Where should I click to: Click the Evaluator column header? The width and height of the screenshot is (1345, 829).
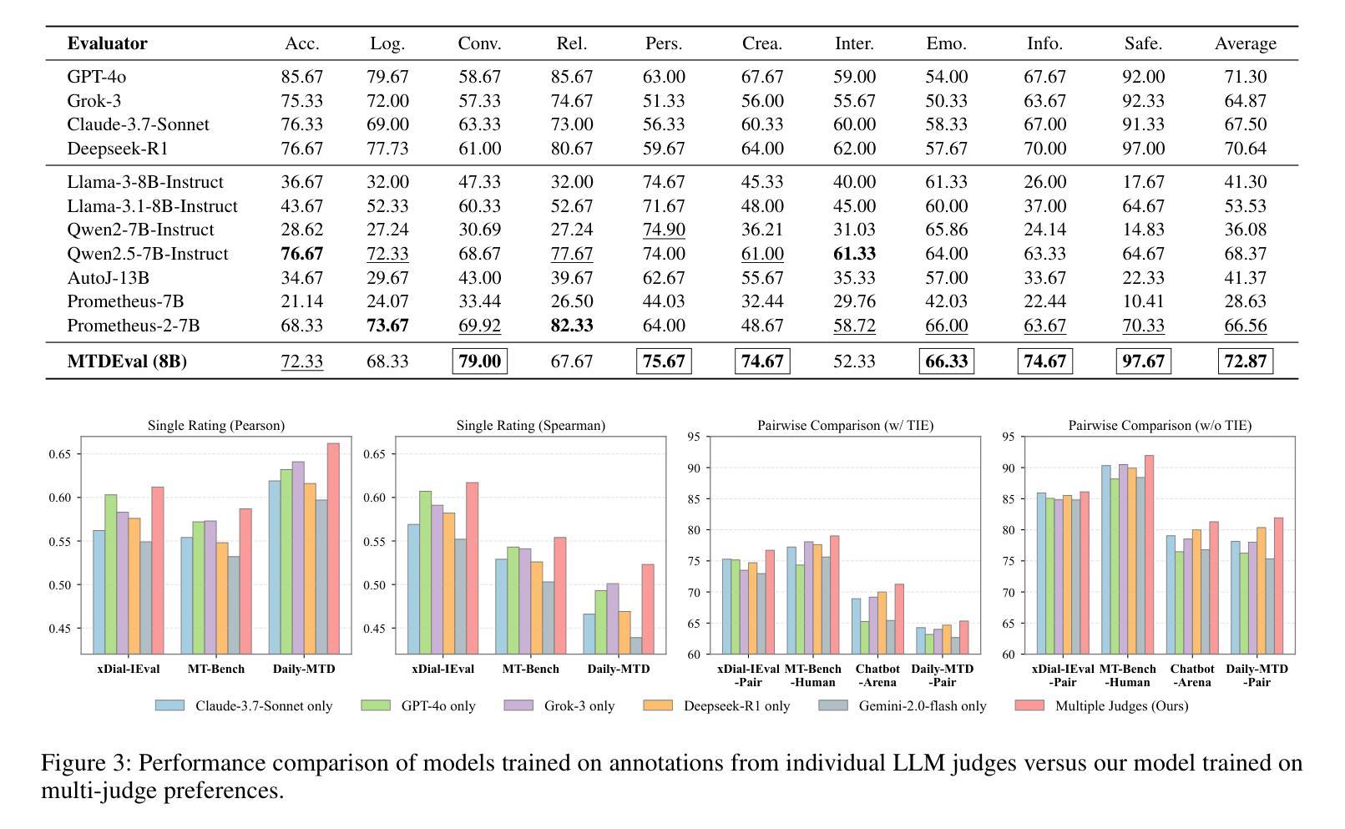click(x=107, y=43)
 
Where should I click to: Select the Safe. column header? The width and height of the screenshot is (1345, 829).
click(x=1143, y=43)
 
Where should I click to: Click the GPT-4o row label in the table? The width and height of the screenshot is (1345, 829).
click(x=96, y=77)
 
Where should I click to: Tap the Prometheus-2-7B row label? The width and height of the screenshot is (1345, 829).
click(x=133, y=326)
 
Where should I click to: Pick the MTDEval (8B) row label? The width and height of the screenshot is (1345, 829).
click(x=127, y=361)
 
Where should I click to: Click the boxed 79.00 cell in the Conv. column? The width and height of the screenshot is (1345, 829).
click(x=479, y=361)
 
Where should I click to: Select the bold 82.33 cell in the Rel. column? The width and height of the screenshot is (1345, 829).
click(x=571, y=326)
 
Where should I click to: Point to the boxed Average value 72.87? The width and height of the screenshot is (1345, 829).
click(x=1245, y=361)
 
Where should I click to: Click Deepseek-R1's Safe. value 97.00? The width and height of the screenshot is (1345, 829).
click(x=1143, y=149)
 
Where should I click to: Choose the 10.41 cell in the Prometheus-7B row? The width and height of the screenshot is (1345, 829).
click(x=1143, y=301)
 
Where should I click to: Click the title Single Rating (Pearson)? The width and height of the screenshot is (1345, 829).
click(x=215, y=426)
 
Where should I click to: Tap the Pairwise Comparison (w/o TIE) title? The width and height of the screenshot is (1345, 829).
click(x=1159, y=426)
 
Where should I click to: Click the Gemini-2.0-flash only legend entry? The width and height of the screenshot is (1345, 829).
click(x=922, y=706)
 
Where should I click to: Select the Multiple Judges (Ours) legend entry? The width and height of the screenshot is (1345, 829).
click(x=1120, y=706)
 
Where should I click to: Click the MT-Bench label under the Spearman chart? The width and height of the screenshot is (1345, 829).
click(x=530, y=669)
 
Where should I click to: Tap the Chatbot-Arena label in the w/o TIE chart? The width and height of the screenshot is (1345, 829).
click(x=1191, y=675)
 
